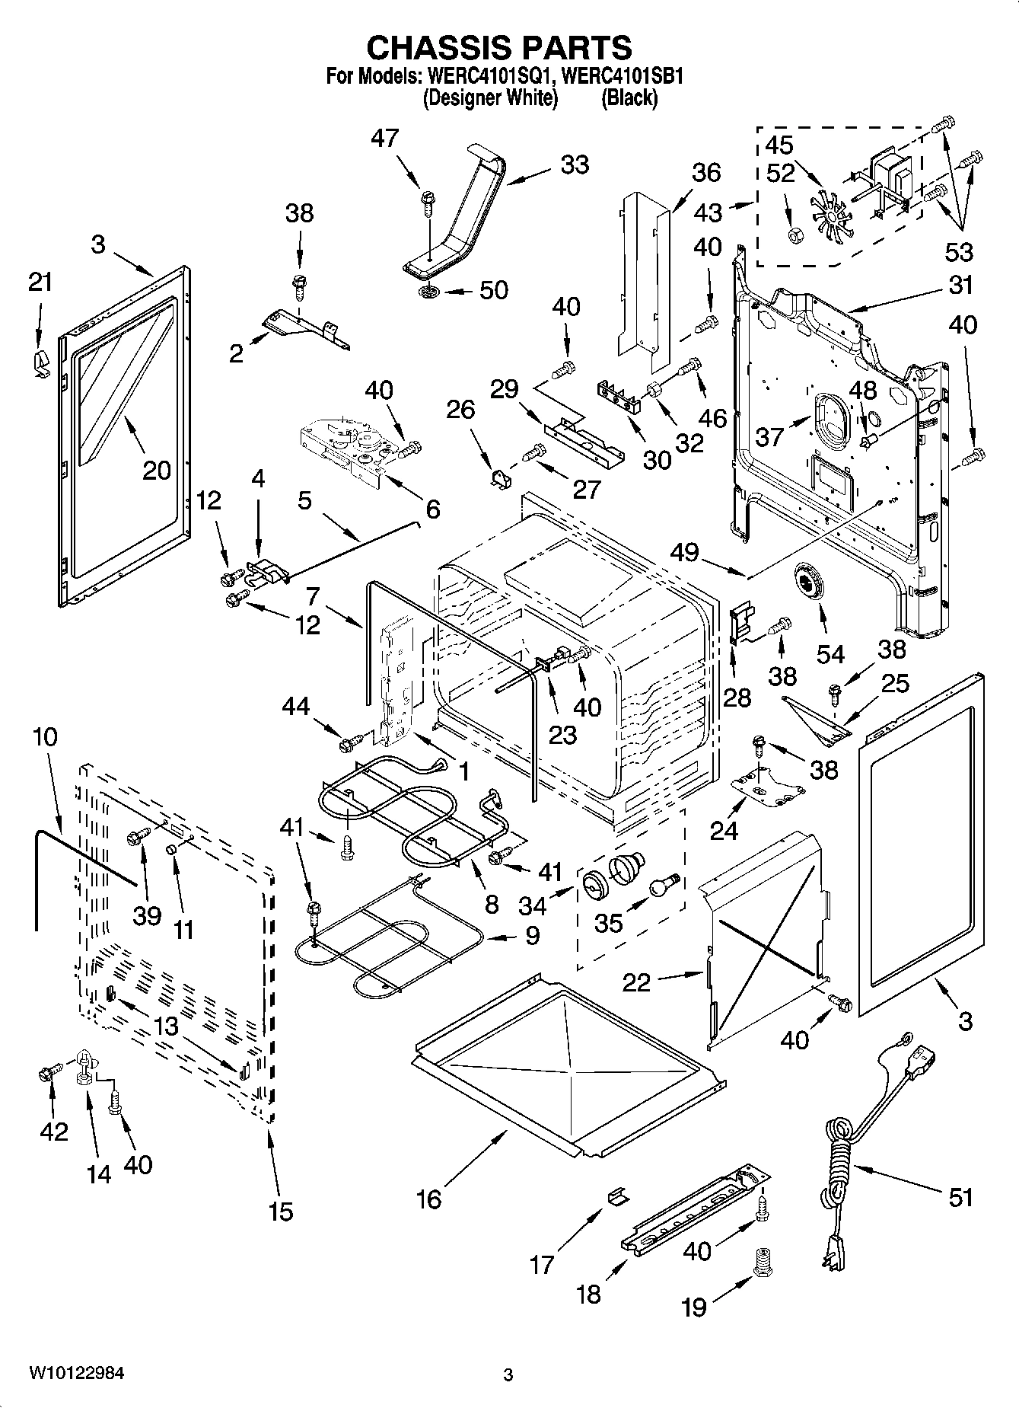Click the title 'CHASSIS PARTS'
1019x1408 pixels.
(498, 47)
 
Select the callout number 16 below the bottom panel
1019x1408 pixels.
(429, 1199)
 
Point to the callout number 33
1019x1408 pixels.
(575, 164)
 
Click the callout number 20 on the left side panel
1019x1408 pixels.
(156, 470)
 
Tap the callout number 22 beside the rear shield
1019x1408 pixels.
(636, 982)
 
